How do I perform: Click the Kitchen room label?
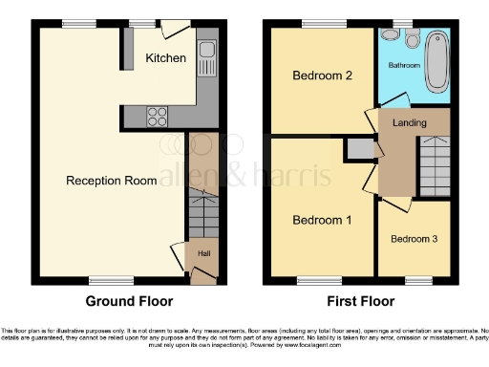click(x=165, y=58)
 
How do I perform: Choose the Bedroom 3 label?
click(x=414, y=237)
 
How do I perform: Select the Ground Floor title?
click(x=130, y=301)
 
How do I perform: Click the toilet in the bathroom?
click(x=412, y=37)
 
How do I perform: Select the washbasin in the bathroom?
click(x=388, y=34)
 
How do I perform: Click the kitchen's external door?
click(x=170, y=31)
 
